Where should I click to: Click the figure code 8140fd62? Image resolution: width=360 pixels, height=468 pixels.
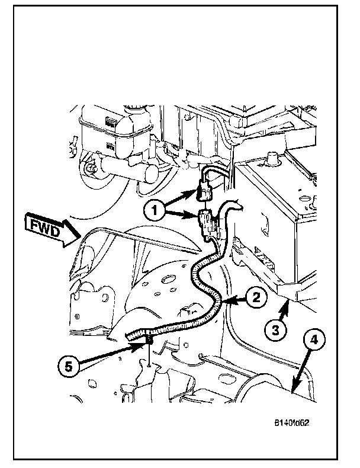pos(292,423)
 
